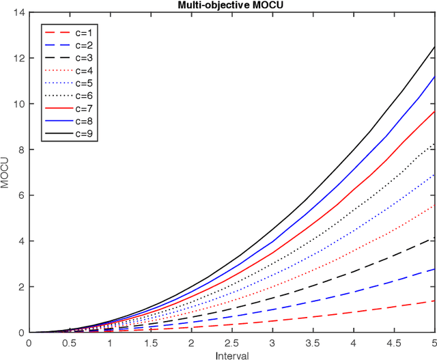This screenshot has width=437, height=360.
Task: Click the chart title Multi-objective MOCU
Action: tap(231, 5)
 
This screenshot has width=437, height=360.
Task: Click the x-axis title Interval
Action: tap(231, 355)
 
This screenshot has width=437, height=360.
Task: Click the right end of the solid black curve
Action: tap(434, 46)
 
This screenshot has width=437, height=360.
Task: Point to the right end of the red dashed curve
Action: tap(434, 301)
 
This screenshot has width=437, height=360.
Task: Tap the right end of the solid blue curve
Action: tap(434, 77)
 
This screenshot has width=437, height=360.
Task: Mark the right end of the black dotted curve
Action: tap(434, 143)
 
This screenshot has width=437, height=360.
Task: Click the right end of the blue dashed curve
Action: tap(434, 269)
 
